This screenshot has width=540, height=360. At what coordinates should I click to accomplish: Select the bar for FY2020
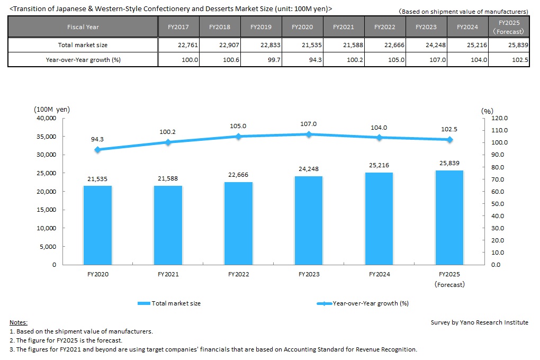[97, 225]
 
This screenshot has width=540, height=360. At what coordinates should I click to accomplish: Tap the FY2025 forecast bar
[449, 217]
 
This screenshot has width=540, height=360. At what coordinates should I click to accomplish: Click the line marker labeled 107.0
[309, 134]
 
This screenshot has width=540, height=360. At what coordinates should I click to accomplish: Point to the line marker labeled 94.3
[97, 150]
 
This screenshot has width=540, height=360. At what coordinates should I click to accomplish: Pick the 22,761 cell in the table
[178, 45]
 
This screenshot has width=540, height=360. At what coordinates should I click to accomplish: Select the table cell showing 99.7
[262, 60]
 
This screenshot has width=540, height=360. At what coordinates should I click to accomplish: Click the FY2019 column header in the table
[262, 26]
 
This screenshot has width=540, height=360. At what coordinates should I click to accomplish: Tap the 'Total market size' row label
[83, 45]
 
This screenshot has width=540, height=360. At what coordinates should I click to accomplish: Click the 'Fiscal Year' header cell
[83, 26]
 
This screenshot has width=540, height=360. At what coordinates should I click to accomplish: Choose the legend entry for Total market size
[169, 303]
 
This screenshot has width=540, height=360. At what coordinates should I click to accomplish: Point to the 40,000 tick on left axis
[46, 118]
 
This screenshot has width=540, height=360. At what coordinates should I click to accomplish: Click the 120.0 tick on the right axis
[500, 118]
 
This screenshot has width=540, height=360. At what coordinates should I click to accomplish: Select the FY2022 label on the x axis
[238, 275]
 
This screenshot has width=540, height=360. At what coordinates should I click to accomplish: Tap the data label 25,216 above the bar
[379, 166]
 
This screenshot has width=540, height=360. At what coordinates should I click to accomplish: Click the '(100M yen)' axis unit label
[51, 110]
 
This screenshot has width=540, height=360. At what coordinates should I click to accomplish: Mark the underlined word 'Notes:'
[19, 322]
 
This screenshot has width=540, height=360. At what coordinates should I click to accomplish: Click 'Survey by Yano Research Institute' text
[479, 322]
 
